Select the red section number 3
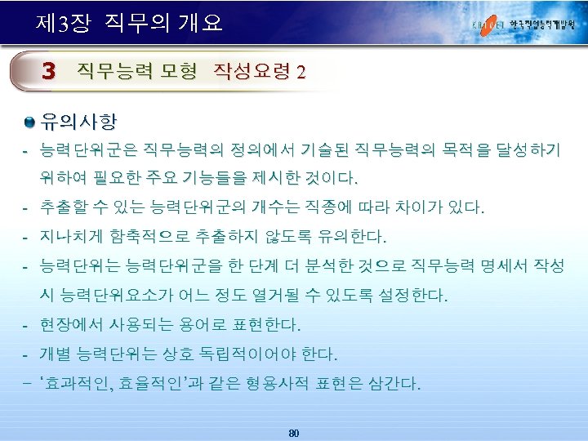50,72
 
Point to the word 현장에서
73,325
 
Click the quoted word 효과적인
80,384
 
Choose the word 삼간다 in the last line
395,384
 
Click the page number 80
294,432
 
